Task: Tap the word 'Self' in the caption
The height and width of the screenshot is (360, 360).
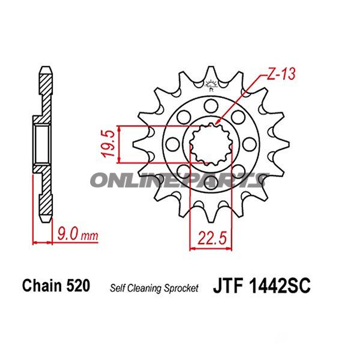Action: pyautogui.click(x=117, y=288)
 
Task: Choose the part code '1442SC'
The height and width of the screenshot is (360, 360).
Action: pyautogui.click(x=279, y=287)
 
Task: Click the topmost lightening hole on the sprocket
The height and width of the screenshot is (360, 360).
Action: pyautogui.click(x=210, y=106)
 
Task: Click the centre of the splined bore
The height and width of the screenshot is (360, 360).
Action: pyautogui.click(x=210, y=144)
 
